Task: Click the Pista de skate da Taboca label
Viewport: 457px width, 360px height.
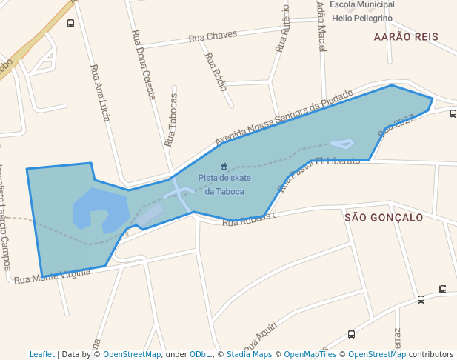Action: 224,184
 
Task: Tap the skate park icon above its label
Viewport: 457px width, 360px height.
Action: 224,166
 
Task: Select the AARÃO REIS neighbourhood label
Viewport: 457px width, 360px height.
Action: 406,36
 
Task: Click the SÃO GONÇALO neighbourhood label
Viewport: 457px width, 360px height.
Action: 384,218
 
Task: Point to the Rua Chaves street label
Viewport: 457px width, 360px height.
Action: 213,36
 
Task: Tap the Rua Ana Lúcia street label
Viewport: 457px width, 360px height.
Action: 100,93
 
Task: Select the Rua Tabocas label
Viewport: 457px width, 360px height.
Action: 172,119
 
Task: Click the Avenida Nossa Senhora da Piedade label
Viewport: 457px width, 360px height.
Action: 284,118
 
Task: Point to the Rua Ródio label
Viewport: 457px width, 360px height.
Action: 216,70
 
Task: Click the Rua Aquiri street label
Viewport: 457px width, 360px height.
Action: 261,336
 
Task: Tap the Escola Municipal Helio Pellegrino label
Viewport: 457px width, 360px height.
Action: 361,11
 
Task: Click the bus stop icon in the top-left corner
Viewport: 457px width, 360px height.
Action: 70,23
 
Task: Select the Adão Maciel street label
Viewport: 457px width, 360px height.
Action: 321,26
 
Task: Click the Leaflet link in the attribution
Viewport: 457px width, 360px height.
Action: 41,354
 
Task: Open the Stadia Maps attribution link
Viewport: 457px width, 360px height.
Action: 249,354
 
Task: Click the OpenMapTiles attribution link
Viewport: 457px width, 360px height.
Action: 310,354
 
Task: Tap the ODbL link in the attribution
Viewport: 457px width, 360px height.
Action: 200,354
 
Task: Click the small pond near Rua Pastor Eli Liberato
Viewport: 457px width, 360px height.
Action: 342,144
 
